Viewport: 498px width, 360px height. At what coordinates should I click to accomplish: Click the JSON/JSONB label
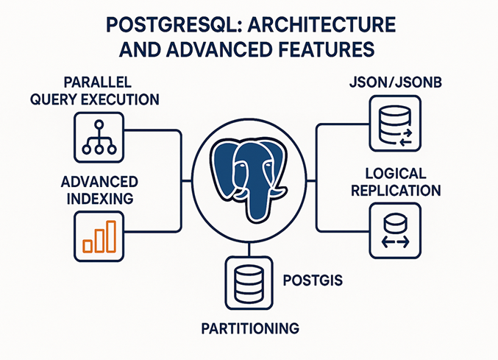tap(394, 82)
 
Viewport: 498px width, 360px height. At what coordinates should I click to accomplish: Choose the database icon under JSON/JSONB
tap(394, 124)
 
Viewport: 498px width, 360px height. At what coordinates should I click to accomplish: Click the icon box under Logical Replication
tap(394, 230)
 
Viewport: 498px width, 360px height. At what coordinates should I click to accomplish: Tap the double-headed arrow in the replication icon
tap(394, 242)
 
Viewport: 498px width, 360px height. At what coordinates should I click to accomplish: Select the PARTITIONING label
tap(251, 327)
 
